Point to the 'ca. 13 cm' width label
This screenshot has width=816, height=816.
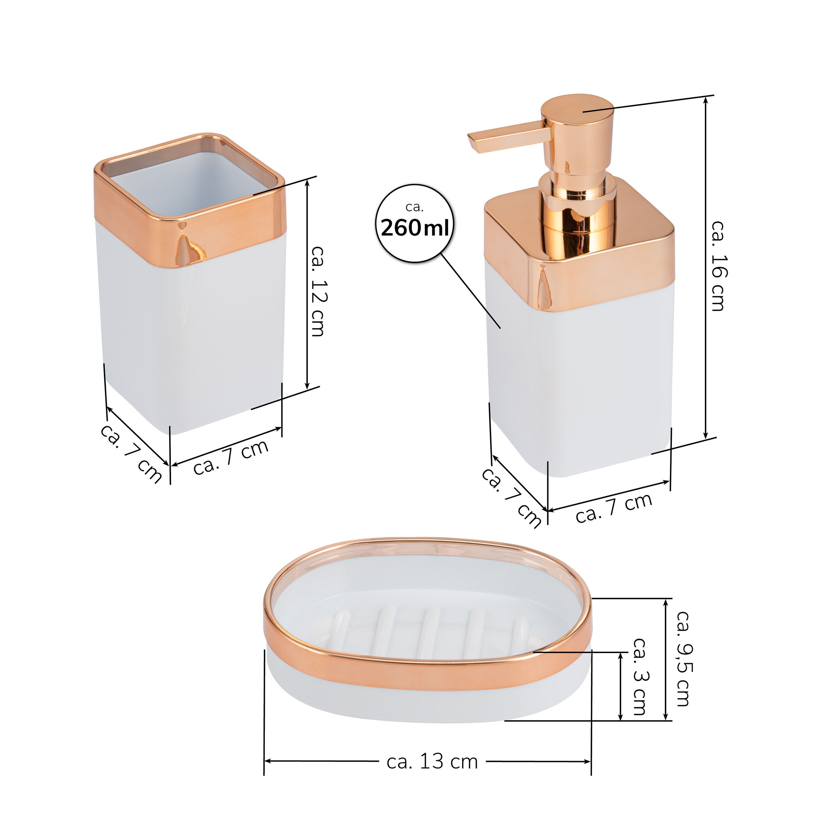tap(432, 762)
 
